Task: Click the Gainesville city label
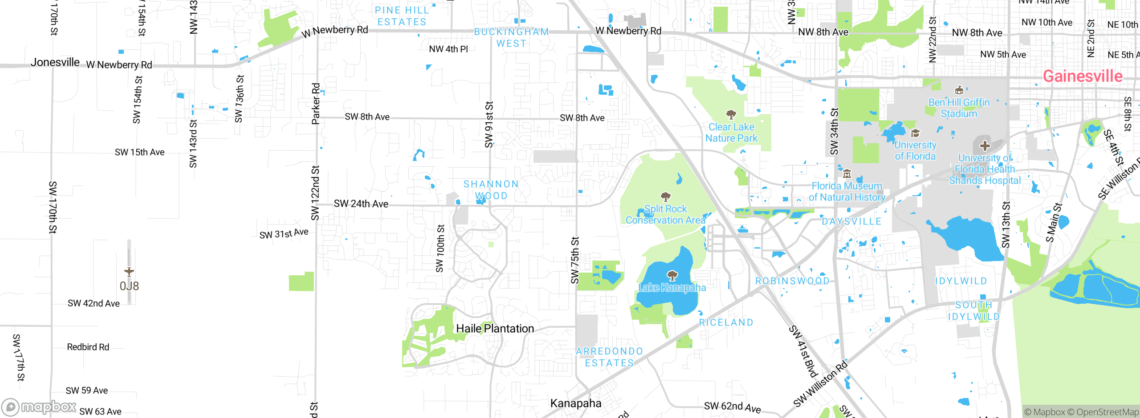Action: coord(1083,76)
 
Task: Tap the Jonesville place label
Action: coord(55,62)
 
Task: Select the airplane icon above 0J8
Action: coord(129,272)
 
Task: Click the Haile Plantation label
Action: coord(495,329)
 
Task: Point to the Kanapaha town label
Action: coord(576,403)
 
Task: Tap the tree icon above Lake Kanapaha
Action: coord(672,276)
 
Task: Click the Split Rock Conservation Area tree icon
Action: coord(666,197)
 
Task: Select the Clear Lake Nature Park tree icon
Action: coord(731,115)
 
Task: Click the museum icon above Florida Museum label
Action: coord(847,174)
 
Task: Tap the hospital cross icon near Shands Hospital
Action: coord(985,146)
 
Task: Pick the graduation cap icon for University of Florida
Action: coord(915,133)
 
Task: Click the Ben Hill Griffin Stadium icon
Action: coord(959,90)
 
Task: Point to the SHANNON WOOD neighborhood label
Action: coord(491,190)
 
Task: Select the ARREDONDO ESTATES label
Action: coord(609,357)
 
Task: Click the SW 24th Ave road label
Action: coord(361,204)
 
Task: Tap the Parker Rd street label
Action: coord(316,104)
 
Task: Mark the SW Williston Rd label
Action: coord(820,384)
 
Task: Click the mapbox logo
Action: coord(39,406)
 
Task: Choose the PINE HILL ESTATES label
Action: coord(401,16)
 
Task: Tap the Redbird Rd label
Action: coord(88,347)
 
